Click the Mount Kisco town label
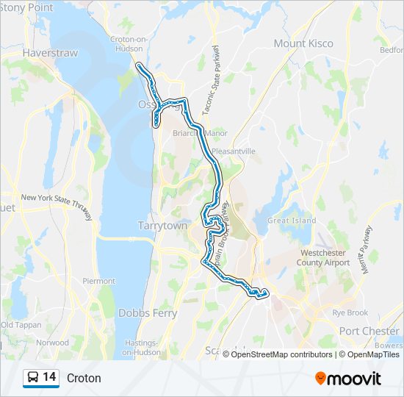pos(303,43)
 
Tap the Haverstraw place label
pos(46,54)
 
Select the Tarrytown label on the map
pos(162,226)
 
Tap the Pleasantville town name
pos(233,151)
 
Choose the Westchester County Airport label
pos(323,257)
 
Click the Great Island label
pos(292,221)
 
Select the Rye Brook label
pos(350,312)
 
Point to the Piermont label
pos(98,281)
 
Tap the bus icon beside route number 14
pos(32,378)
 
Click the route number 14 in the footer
pos(49,377)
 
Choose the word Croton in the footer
pos(84,378)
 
